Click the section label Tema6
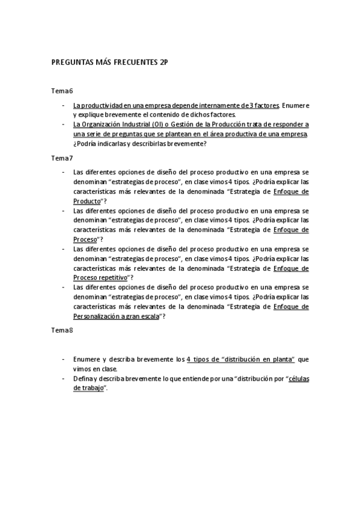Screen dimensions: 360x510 pos(63,91)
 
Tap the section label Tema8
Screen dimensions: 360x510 pos(63,330)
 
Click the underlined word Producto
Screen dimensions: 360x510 pos(87,200)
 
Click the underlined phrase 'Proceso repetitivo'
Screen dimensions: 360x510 pos(100,277)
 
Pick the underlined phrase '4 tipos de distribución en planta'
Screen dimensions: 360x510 pos(240,359)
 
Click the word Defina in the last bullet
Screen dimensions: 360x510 pos(82,378)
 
